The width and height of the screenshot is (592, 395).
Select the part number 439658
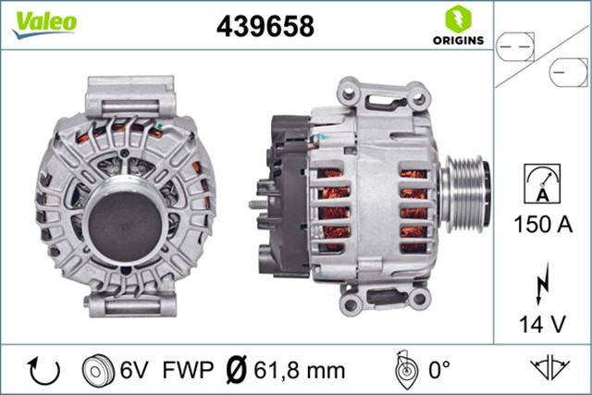click(265, 27)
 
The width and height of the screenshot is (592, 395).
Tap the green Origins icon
click(455, 19)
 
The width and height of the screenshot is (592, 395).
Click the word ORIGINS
click(455, 41)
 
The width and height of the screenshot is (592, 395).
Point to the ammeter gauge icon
click(541, 180)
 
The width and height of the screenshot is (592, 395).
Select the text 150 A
click(541, 223)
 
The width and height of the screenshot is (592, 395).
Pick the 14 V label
click(541, 323)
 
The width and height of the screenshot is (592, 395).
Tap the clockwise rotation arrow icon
click(43, 370)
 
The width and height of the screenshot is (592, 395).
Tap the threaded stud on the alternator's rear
click(254, 202)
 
